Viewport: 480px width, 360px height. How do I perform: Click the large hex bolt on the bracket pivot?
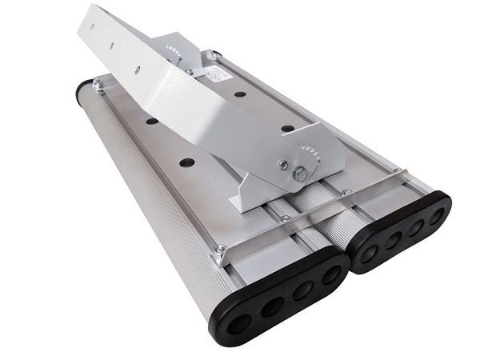(299, 174)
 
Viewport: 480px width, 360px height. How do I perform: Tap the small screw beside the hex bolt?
(282, 166)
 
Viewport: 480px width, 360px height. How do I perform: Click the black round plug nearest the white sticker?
(240, 94)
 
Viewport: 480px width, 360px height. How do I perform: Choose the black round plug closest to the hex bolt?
(286, 128)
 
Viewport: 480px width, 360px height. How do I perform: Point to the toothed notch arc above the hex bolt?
(310, 152)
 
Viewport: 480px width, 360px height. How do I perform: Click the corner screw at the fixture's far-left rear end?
(98, 84)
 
